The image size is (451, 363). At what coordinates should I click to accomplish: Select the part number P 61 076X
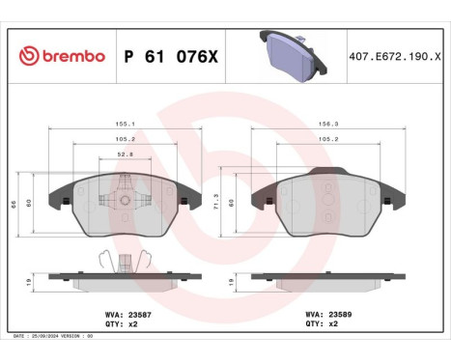click(169, 56)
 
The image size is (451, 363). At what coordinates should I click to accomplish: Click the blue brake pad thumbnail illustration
click(290, 54)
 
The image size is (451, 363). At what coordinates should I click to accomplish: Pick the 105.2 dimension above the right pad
click(327, 137)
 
